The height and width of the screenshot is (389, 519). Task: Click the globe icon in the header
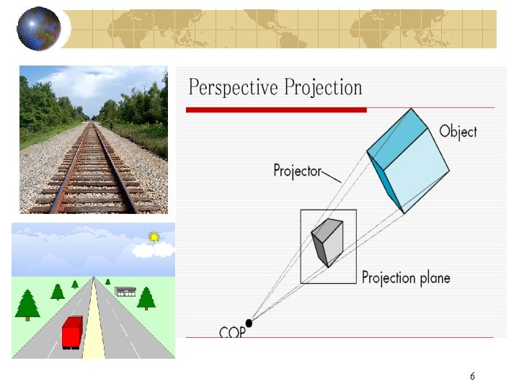[x=39, y=29]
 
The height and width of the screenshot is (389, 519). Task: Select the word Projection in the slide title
[x=323, y=89]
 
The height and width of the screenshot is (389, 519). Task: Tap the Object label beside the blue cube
[x=458, y=131]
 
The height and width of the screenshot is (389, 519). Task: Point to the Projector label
[x=297, y=171]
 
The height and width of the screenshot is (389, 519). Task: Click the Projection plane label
[x=405, y=277]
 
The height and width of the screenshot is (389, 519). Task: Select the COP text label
[x=232, y=332]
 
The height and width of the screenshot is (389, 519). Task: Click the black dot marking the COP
[x=249, y=322]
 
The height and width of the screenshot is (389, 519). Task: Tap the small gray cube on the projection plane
[x=327, y=241]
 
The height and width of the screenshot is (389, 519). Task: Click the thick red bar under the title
[x=276, y=109]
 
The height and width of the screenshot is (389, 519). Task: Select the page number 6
[x=472, y=376]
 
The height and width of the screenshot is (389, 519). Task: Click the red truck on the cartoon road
[x=71, y=332]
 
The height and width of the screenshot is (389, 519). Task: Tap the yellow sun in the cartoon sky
[x=153, y=236]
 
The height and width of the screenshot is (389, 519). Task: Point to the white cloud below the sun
[x=154, y=250]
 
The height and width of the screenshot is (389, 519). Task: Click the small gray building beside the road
[x=125, y=291]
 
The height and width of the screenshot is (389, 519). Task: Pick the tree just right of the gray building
[x=146, y=297]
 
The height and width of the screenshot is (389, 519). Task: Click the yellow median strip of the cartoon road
[x=94, y=324]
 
